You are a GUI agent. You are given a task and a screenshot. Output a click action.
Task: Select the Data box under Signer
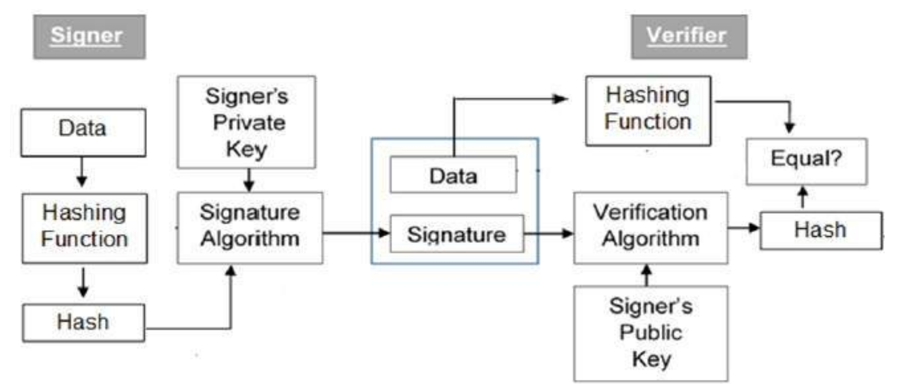click(83, 132)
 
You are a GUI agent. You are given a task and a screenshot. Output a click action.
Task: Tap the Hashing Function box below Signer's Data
click(84, 228)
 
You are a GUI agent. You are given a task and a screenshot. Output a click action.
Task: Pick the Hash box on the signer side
click(83, 323)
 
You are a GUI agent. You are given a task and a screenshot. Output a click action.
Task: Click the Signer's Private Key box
click(247, 122)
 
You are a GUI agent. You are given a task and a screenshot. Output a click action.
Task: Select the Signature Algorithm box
click(250, 228)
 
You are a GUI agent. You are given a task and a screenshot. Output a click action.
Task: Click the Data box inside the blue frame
click(453, 175)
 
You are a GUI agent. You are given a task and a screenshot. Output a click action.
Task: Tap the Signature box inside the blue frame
click(456, 234)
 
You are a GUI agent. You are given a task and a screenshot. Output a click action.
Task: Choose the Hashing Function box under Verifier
click(648, 110)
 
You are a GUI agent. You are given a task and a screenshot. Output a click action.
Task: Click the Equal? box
click(806, 161)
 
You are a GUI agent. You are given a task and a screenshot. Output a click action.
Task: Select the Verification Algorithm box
click(650, 228)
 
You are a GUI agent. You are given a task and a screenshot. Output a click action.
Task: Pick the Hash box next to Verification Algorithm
click(821, 230)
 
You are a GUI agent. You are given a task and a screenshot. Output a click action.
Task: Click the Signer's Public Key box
click(650, 333)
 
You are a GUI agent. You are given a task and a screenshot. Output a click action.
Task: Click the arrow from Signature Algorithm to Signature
click(356, 233)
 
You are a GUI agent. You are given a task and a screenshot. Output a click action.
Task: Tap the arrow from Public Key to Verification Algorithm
click(647, 275)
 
